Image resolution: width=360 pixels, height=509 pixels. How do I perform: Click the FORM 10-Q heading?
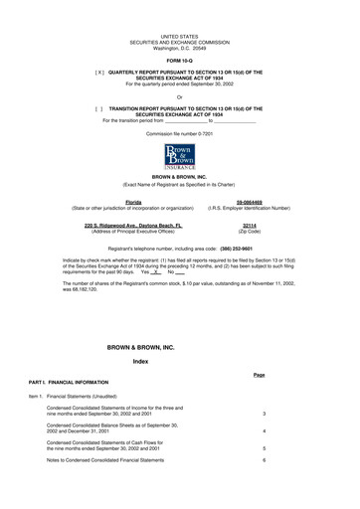tap(180, 60)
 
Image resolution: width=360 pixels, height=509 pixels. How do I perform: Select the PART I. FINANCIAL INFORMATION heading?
tap(76, 382)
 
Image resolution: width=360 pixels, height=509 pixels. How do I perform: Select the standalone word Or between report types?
tap(180, 96)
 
